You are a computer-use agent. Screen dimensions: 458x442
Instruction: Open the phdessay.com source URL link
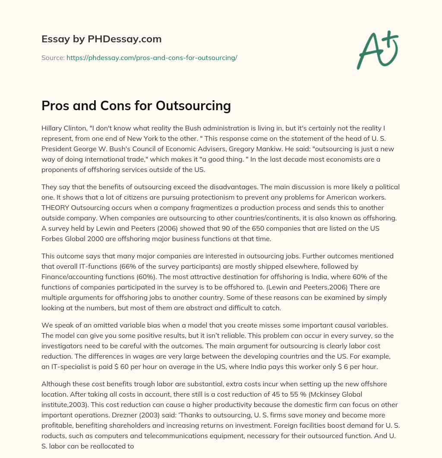tap(152, 57)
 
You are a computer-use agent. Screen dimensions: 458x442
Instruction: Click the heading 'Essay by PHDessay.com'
tap(101, 39)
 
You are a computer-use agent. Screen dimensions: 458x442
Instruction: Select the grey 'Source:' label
tap(53, 57)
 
